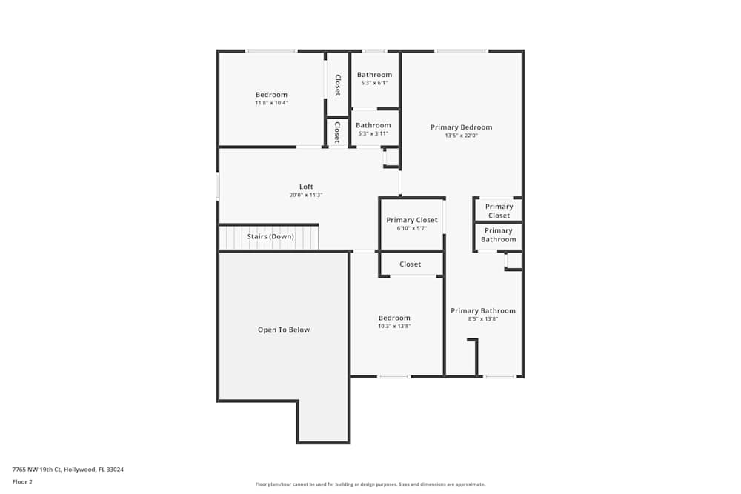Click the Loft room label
pos(306,187)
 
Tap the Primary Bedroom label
pos(461,127)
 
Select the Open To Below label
pos(284,330)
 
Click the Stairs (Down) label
pos(270,236)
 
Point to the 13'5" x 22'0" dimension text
pos(461,136)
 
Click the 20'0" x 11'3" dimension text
pos(306,195)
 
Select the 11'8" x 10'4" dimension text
pos(271,103)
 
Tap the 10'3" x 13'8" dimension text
pos(394,326)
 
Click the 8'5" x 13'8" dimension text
pos(483,319)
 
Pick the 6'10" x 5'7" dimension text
pos(412,228)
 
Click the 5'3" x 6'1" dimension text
pos(374,83)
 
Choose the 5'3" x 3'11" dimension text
pos(373,133)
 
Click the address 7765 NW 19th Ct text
pos(66,469)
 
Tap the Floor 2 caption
pos(22,481)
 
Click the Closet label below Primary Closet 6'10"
pos(410,264)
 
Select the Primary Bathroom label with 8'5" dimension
pos(483,311)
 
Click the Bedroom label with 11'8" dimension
pos(271,95)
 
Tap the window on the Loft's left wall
pos(218,186)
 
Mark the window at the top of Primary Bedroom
pos(461,51)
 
